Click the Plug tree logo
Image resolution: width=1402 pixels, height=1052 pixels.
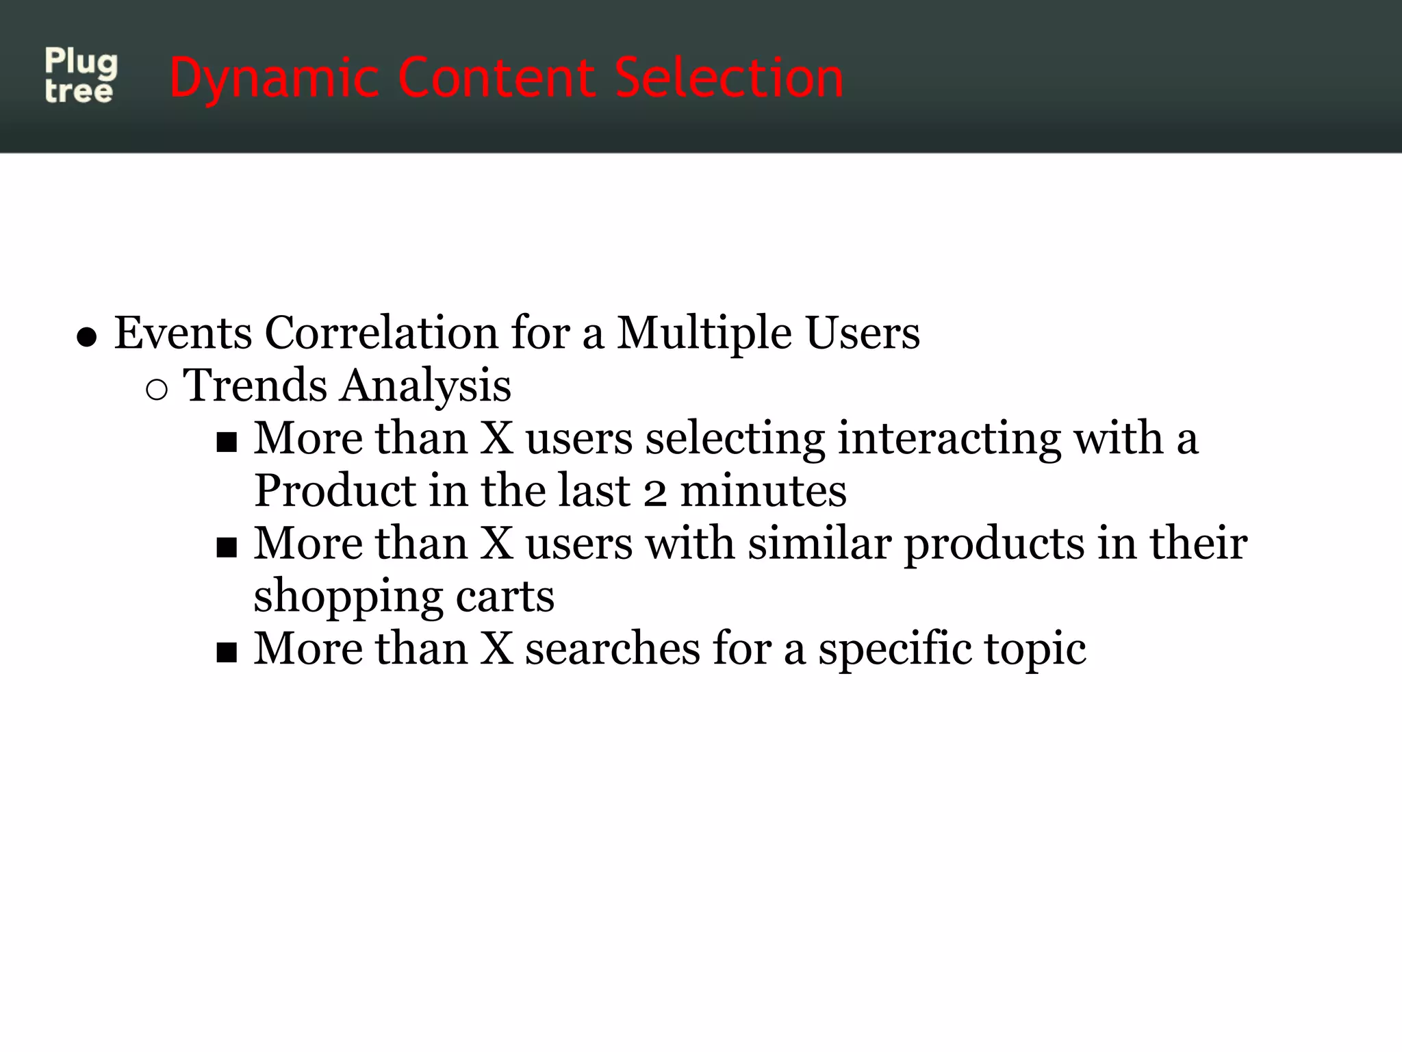click(81, 75)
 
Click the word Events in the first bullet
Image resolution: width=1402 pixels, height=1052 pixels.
click(183, 333)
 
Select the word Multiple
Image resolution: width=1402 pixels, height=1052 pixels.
click(704, 333)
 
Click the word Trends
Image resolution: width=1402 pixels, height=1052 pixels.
click(255, 385)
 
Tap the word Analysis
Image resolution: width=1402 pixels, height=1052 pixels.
click(426, 386)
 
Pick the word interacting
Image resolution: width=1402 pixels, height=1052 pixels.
click(949, 438)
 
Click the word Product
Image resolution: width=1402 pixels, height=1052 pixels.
click(335, 490)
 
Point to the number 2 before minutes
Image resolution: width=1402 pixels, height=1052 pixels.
click(655, 492)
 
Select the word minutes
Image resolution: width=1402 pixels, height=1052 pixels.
click(763, 490)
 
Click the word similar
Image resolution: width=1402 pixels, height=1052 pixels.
click(819, 543)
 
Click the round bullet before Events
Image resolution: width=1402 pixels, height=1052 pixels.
click(86, 337)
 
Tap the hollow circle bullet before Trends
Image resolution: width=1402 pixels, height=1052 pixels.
click(157, 389)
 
